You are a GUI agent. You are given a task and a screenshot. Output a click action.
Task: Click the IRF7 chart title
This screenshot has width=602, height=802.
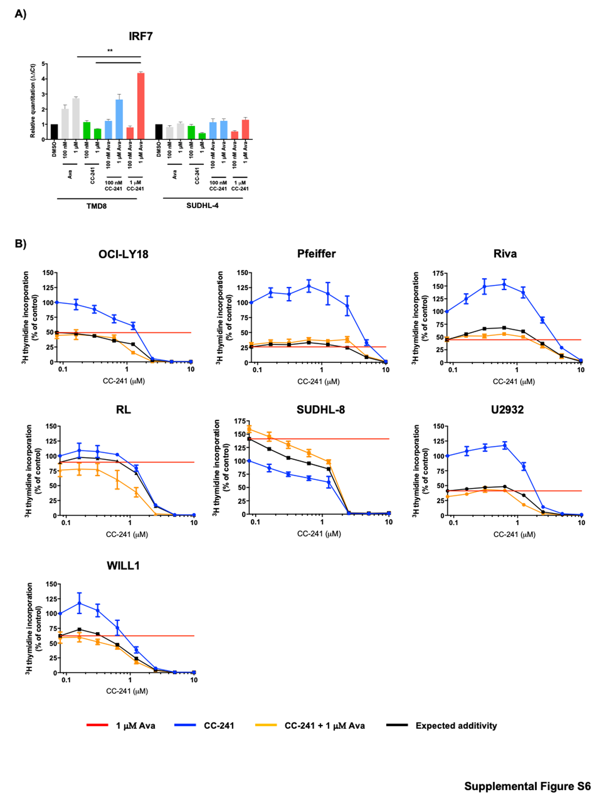coord(140,36)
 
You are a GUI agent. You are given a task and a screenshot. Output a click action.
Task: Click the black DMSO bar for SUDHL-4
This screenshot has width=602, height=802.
coord(159,132)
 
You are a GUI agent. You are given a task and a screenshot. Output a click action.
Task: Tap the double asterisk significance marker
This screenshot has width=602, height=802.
coord(110,51)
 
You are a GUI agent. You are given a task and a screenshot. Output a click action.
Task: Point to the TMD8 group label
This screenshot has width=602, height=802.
coord(97,206)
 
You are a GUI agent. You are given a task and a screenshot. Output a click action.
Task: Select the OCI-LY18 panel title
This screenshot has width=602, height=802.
coord(123,254)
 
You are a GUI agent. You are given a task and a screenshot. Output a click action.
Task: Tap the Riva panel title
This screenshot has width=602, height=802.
coord(505,254)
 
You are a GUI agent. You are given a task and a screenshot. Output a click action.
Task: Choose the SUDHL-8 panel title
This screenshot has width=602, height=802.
coord(321,410)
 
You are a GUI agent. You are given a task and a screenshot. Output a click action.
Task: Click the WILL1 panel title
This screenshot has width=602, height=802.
coord(123,566)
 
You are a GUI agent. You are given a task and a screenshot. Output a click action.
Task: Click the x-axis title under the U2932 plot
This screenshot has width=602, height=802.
coord(514,534)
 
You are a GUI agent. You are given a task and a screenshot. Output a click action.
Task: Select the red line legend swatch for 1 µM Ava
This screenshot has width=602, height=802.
coord(97,725)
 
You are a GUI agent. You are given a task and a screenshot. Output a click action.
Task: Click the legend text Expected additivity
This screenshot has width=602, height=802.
coord(456,726)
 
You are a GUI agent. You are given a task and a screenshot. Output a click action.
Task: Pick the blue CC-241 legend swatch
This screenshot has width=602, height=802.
coord(185,725)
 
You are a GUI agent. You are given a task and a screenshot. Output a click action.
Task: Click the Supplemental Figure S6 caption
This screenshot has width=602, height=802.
coord(527,786)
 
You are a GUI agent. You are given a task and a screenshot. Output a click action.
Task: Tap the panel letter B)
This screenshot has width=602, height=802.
coord(20,244)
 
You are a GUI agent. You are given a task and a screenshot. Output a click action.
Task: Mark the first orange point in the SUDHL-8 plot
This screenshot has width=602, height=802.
coord(249,430)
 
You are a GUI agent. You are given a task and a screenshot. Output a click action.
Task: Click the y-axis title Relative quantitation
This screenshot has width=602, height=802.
coord(33,101)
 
